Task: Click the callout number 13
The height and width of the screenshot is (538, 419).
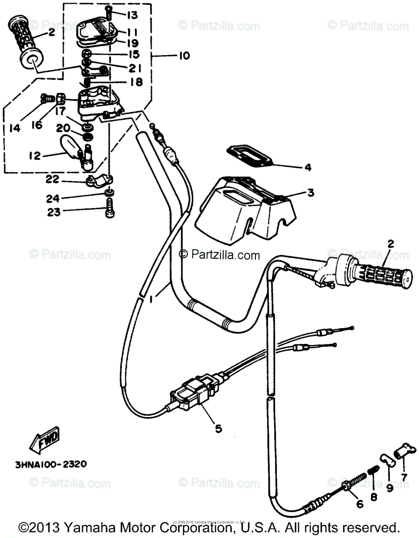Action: click(x=120, y=16)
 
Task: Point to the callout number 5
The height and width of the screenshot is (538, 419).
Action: click(x=218, y=428)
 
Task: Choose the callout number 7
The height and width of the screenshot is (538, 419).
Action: click(x=404, y=477)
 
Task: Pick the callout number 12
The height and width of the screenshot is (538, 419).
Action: click(x=35, y=156)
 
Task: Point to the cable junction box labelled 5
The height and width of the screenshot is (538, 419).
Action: click(x=190, y=394)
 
